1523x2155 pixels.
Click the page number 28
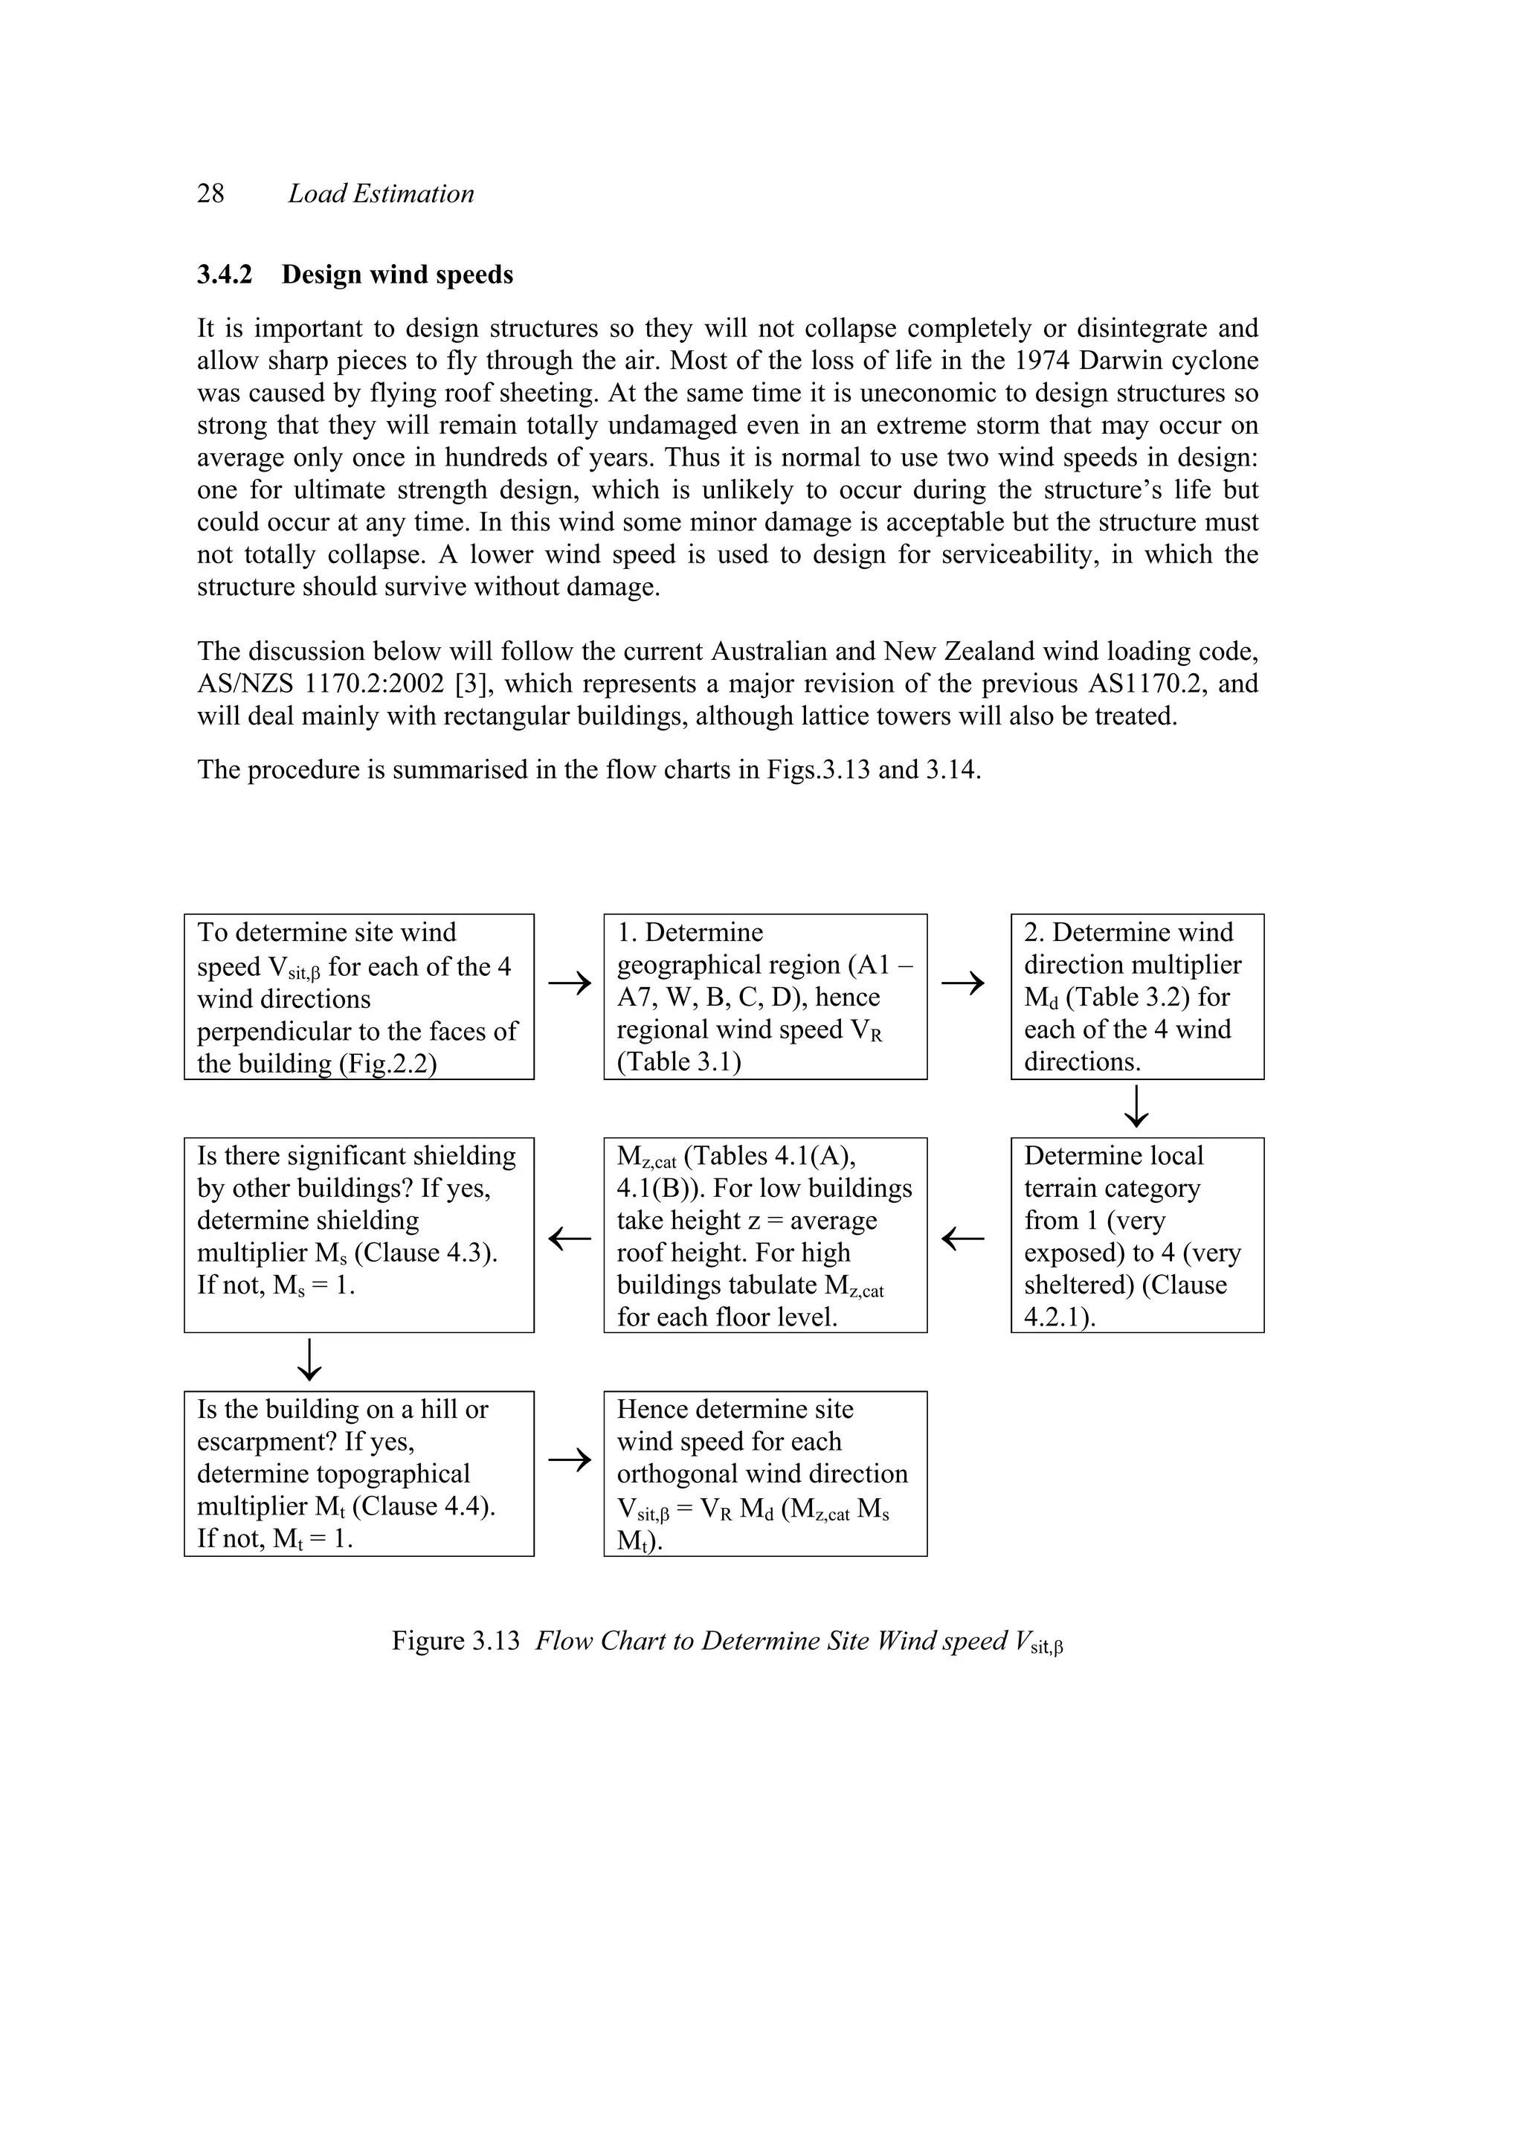[210, 193]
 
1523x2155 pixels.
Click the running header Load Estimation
[380, 193]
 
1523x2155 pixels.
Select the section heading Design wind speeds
[397, 275]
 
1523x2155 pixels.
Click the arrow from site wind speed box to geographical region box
[570, 983]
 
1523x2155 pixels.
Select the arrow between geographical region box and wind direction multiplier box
[963, 983]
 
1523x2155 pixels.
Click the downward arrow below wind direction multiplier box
[1136, 1107]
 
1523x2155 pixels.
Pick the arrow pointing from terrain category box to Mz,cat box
[963, 1239]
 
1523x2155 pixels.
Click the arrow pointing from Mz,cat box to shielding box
[570, 1239]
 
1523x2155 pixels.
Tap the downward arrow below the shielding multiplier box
[309, 1360]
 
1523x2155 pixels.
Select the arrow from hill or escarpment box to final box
[570, 1460]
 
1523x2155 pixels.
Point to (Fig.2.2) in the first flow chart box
[387, 1064]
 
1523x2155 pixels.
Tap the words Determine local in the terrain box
[1113, 1156]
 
